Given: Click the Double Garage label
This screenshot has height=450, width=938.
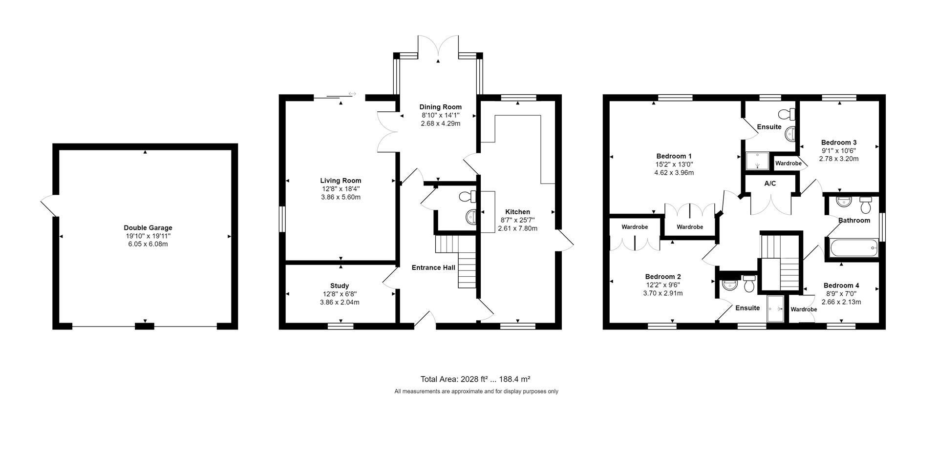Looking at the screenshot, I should point(148,228).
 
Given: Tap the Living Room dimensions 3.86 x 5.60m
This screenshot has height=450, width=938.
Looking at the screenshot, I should point(341,197).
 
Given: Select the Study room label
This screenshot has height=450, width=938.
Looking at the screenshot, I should point(340,286).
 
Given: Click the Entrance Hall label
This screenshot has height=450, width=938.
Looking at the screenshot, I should point(433,267).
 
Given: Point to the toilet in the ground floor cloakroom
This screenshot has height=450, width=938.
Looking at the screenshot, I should point(468,197).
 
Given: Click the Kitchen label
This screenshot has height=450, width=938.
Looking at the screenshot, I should point(517,212).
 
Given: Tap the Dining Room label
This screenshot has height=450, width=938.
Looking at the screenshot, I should point(440,107).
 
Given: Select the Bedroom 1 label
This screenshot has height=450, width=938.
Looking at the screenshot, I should point(674,156).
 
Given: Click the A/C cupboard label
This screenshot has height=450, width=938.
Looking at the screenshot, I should point(770,184).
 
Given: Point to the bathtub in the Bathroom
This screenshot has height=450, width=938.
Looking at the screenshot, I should point(853,248).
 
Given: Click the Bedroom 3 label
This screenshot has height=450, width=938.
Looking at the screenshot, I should point(839,143).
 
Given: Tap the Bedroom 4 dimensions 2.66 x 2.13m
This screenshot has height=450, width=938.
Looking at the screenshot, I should point(841,302).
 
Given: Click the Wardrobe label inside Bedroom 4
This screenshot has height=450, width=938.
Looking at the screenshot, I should point(804,309).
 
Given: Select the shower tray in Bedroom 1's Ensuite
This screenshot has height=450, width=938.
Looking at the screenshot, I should point(757,161).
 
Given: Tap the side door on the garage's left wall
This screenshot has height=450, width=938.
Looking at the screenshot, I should point(49,205).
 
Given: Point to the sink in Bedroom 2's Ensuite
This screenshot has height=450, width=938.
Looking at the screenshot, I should point(730,285).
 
